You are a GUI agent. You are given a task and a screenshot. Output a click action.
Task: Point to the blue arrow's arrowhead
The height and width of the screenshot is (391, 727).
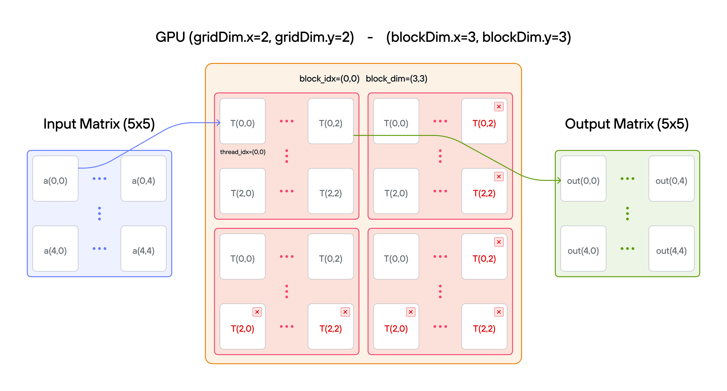pos(219,122)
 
